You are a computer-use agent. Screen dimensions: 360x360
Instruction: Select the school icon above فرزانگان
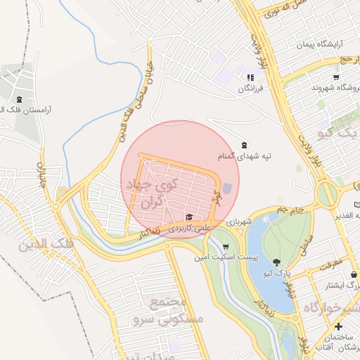pos(250,77)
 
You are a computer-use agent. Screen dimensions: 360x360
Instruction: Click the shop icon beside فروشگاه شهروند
pos(336,77)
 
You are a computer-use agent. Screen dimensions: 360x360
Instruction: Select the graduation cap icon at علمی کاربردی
pos(188,217)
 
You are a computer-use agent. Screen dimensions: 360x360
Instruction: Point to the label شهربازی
pos(239,221)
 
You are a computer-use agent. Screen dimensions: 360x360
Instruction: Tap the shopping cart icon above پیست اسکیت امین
pos(225,247)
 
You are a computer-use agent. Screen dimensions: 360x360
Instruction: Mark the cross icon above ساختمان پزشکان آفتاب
pos(339,327)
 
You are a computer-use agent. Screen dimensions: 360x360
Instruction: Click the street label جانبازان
pos(41,174)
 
